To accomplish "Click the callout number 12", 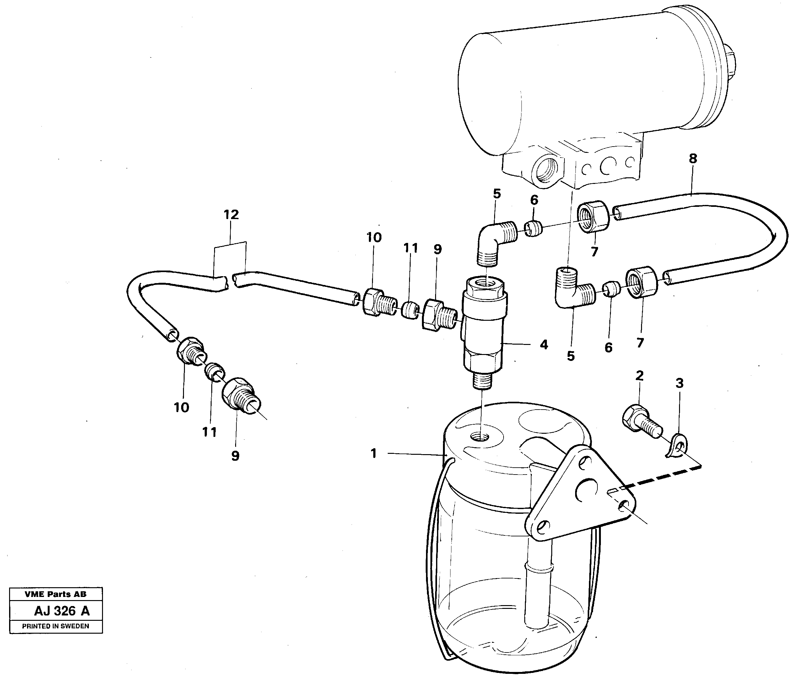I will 231,214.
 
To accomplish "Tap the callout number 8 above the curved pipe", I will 693,158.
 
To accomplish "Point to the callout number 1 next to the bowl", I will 374,454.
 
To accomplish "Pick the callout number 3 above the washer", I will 679,383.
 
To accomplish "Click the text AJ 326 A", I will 62,610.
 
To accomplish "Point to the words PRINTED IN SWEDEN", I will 56,626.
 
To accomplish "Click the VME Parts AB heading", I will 56,594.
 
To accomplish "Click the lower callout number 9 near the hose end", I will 235,455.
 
